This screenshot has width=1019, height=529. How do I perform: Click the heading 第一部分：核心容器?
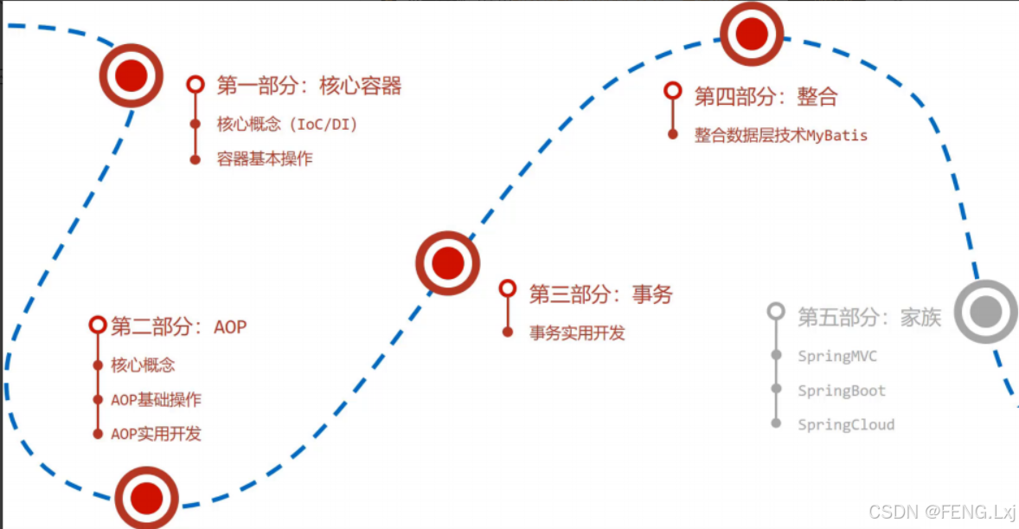(x=309, y=86)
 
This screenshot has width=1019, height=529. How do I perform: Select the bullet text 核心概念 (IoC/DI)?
(x=287, y=124)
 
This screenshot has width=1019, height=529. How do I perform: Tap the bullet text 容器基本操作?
(x=265, y=158)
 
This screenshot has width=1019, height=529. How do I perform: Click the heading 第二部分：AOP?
(x=179, y=326)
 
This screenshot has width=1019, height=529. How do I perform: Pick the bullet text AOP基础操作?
(x=156, y=399)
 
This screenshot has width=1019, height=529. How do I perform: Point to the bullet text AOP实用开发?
(x=156, y=433)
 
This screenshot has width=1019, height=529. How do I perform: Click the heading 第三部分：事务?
(x=600, y=294)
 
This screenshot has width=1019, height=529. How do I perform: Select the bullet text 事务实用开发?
(x=577, y=332)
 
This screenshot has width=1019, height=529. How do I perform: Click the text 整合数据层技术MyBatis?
(x=780, y=135)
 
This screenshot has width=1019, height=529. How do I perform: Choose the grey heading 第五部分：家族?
(x=868, y=317)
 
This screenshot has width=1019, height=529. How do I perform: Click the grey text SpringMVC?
(x=837, y=356)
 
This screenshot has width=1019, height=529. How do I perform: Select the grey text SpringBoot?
(x=842, y=390)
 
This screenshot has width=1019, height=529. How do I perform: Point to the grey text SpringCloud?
(x=846, y=424)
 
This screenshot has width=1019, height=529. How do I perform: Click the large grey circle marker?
(x=985, y=311)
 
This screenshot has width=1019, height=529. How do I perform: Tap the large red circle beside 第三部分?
(x=447, y=262)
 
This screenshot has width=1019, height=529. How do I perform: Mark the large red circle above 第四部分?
(x=751, y=34)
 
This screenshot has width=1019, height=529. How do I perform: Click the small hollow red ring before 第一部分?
(x=195, y=84)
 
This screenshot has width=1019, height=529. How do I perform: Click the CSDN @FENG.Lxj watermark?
(x=942, y=513)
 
